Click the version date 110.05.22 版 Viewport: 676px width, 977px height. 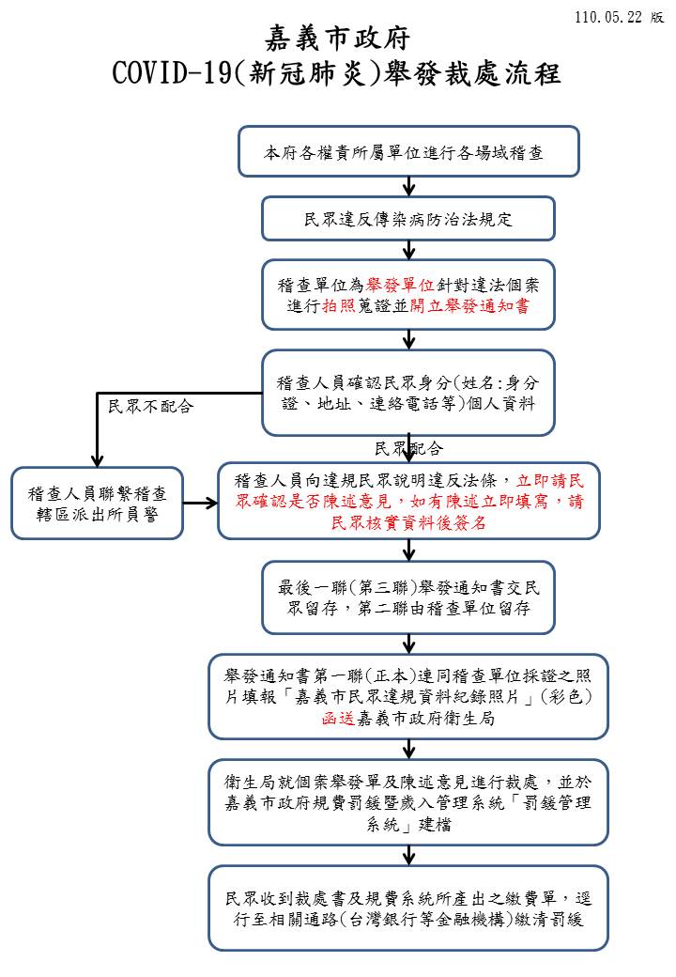619,17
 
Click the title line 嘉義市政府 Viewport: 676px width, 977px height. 338,39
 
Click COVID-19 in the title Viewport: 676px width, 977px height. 172,73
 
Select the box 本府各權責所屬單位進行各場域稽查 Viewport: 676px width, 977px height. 409,151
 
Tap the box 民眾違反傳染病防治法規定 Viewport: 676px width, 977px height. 408,219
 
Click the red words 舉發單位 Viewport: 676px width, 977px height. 400,285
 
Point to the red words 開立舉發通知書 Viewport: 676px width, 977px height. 469,306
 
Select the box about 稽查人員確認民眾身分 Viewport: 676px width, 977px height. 408,393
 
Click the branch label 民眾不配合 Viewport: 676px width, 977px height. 150,406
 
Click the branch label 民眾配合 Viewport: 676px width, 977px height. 409,448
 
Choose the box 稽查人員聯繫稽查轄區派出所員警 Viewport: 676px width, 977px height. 97,504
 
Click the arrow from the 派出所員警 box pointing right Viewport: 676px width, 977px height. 200,503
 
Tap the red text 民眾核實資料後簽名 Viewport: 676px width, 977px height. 408,522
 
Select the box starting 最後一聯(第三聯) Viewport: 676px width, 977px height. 408,597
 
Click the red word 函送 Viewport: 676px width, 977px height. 339,719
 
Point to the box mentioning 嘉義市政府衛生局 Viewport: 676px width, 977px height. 408,697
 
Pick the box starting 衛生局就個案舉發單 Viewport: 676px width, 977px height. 408,802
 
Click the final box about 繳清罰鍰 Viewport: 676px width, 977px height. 408,908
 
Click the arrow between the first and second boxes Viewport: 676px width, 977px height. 409,186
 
